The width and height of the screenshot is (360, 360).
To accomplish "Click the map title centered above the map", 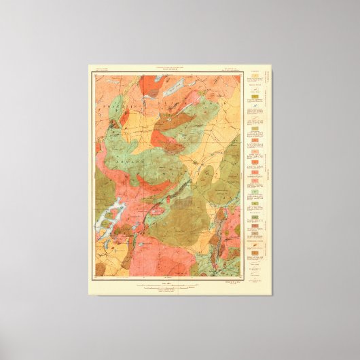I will point(166,71).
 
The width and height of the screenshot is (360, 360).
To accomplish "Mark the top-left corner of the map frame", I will point(91,75).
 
